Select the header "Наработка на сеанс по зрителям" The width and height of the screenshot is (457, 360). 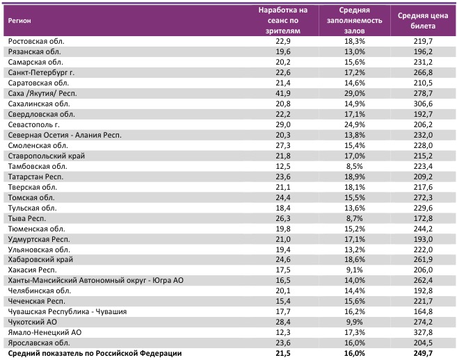tap(282, 20)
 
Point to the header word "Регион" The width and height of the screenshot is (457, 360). tap(19, 20)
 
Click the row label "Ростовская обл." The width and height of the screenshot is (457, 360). tap(36, 42)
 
